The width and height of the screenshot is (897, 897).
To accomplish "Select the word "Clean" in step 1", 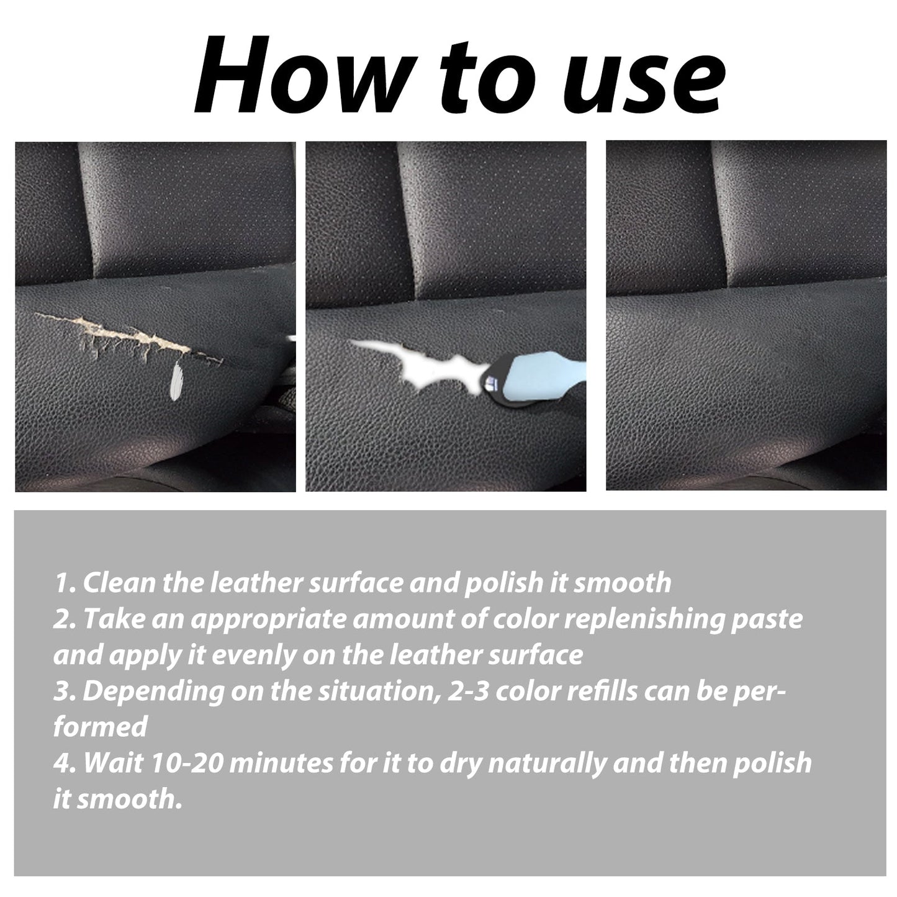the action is [119, 582].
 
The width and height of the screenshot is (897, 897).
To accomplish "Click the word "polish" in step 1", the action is [503, 584].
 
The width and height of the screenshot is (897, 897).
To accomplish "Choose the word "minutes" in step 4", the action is [282, 764].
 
